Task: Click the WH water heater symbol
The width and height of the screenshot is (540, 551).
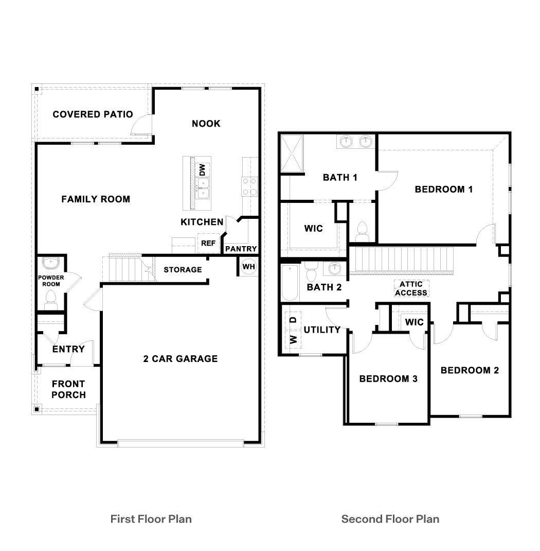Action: click(x=248, y=267)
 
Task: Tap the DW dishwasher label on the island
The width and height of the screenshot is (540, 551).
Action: click(x=203, y=169)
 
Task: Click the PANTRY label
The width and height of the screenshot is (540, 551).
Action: click(x=241, y=249)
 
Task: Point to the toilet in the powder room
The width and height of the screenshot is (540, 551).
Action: click(x=50, y=299)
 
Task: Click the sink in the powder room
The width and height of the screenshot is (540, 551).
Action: click(x=51, y=264)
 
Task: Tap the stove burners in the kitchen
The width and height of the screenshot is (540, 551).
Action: click(x=250, y=186)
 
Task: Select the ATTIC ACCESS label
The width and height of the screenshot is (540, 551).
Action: click(x=411, y=288)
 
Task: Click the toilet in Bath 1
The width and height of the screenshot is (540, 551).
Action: click(x=363, y=230)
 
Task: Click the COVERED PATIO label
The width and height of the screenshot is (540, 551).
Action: click(x=93, y=114)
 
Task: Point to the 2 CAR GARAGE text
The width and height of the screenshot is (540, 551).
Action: click(x=180, y=359)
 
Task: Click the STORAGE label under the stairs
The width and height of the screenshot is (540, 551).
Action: click(x=183, y=269)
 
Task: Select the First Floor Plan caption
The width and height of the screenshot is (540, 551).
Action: click(x=151, y=519)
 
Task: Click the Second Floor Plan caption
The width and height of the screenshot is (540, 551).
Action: click(x=390, y=519)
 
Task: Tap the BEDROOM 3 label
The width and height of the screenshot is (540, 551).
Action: click(x=388, y=379)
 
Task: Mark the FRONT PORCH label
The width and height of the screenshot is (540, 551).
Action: click(x=68, y=389)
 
